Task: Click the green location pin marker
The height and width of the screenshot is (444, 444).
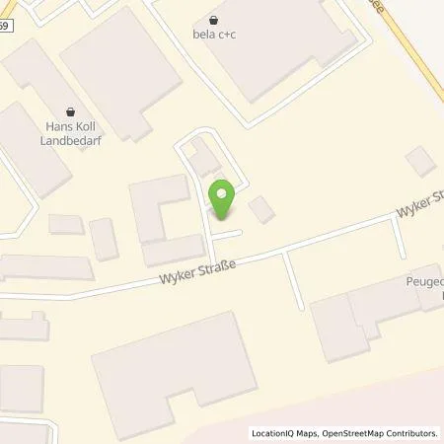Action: tap(221, 199)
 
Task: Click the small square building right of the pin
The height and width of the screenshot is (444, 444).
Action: tap(261, 209)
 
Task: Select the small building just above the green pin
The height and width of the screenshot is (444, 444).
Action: tap(204, 158)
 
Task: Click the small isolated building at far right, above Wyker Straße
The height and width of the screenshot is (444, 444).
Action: tap(420, 161)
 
